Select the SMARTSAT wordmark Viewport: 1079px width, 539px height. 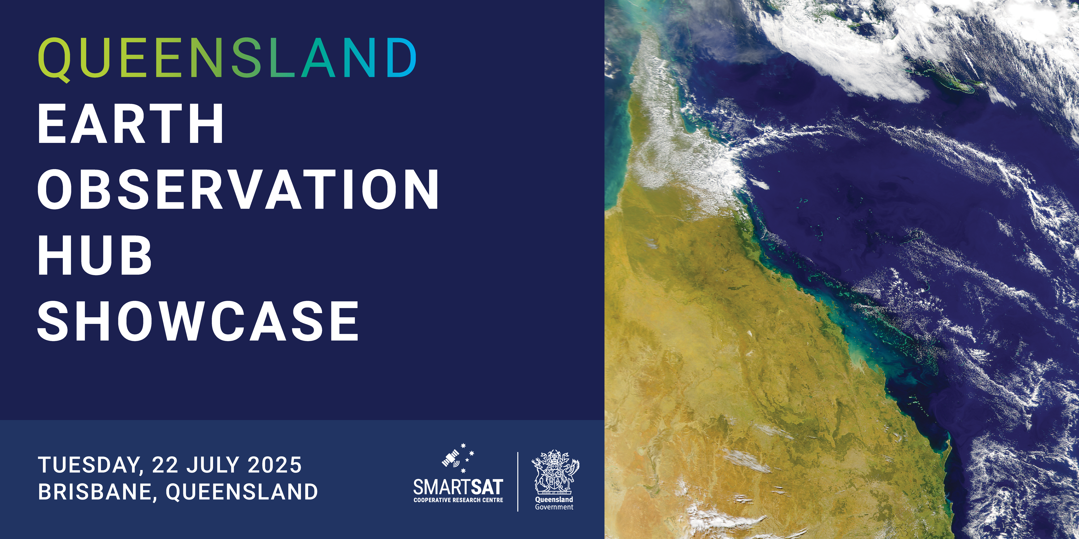click(458, 487)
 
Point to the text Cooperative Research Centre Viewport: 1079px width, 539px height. click(458, 500)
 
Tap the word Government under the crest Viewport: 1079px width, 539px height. click(554, 507)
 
